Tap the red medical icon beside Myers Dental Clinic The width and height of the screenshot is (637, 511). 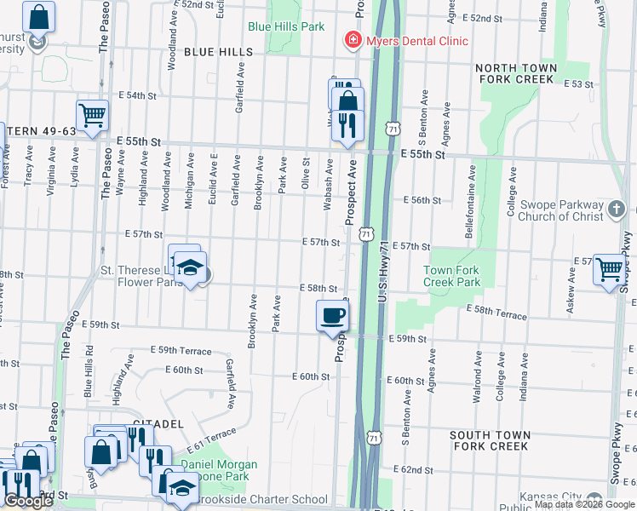point(350,40)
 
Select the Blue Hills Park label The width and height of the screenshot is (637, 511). point(286,26)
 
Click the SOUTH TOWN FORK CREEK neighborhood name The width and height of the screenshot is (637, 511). point(489,440)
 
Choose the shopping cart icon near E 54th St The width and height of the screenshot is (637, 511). point(92,114)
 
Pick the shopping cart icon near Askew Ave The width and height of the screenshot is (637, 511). point(610,270)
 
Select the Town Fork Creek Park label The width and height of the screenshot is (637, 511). point(452,276)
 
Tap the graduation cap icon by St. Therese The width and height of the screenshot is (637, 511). point(192,267)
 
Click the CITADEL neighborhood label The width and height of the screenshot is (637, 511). point(158,423)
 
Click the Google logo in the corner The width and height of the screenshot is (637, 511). point(28,501)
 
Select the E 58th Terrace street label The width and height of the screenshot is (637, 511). point(497,315)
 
